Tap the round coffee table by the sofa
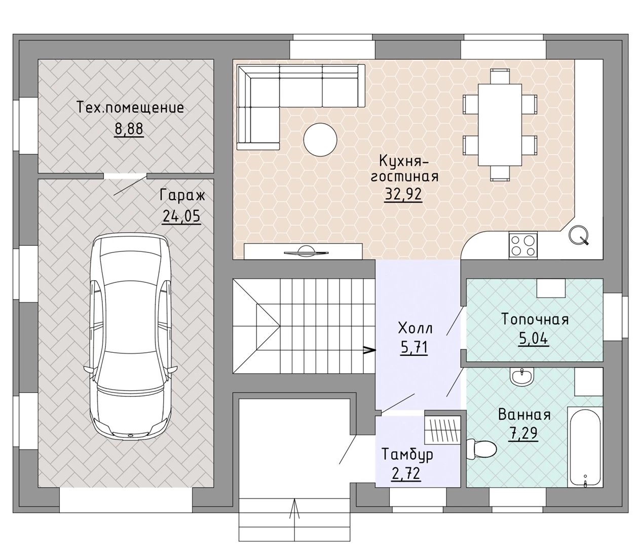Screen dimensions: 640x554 tap(320, 140)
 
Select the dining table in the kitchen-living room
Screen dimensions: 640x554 tap(500, 125)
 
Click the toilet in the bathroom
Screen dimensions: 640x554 tap(481, 449)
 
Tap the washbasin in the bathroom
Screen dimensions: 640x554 tap(522, 377)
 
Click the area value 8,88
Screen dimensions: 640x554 tap(129, 129)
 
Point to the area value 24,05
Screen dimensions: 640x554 tap(181, 216)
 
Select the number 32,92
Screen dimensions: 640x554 tap(403, 195)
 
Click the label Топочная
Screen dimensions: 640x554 tap(535, 320)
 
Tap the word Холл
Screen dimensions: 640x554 tap(415, 328)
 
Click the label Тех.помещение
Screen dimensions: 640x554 tap(130, 107)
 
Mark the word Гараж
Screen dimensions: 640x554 tap(182, 196)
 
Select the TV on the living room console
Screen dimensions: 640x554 tap(306, 251)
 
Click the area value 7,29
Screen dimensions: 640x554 tap(523, 433)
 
